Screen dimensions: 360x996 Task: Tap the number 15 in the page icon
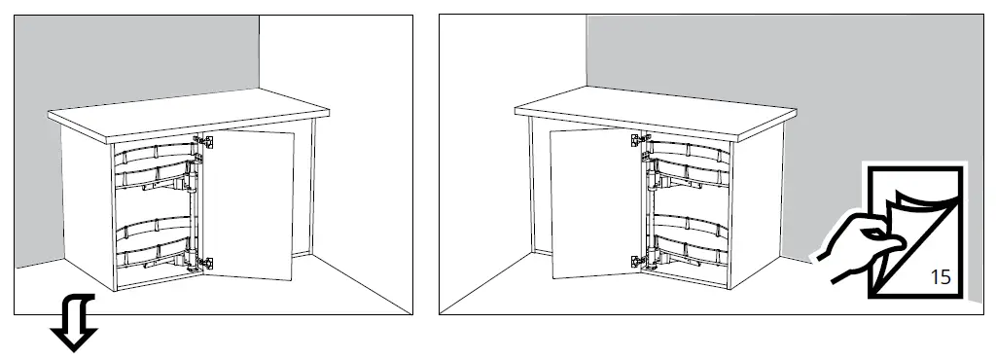click(x=940, y=276)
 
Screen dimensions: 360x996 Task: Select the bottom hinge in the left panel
click(x=207, y=262)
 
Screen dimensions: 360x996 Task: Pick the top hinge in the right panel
click(x=638, y=141)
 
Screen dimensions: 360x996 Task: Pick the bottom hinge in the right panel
click(x=638, y=260)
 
